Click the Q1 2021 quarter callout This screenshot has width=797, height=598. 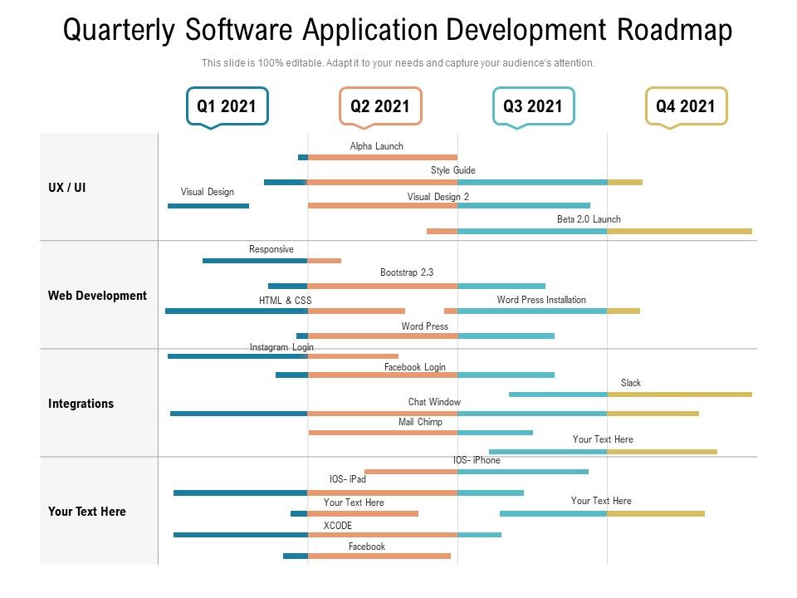tap(227, 106)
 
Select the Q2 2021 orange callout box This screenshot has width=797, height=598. tap(380, 106)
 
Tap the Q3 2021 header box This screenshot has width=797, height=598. tap(532, 106)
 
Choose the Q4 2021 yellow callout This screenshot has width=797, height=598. tap(686, 106)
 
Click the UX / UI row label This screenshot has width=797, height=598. tap(67, 188)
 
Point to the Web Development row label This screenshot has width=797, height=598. tap(97, 296)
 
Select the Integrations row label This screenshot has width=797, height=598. tap(81, 404)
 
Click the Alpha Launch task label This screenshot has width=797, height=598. tap(376, 146)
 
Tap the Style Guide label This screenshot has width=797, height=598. tap(452, 170)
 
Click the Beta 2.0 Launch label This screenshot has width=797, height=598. tap(589, 219)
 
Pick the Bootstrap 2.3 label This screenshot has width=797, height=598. tap(407, 272)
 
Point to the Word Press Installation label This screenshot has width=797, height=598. tap(541, 300)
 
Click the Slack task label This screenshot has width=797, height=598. tap(631, 383)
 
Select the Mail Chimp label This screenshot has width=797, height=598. tap(420, 422)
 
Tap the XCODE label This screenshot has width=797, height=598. tap(338, 526)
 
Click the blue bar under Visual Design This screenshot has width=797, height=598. tap(208, 205)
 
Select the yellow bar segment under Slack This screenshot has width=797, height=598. tap(679, 395)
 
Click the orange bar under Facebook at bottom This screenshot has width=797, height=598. tap(379, 556)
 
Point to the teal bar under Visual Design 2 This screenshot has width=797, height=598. tap(523, 205)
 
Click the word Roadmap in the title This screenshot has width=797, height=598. tap(674, 31)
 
